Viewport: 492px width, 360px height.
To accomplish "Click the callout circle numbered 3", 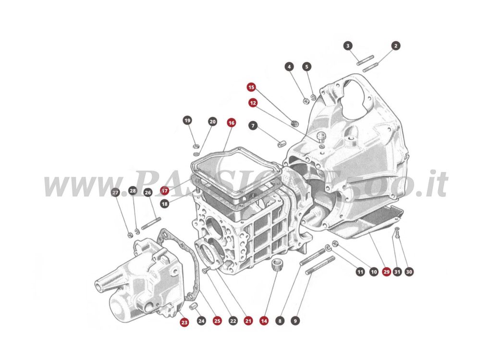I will [348, 46].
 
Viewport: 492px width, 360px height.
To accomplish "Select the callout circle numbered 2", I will [395, 46].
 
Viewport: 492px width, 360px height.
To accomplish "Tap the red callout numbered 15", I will [251, 87].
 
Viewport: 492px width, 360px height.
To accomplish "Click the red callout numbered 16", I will [232, 123].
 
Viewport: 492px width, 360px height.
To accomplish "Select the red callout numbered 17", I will [165, 191].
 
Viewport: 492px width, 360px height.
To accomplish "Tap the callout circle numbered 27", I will [115, 192].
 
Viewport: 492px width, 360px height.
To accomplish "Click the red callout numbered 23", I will [184, 323].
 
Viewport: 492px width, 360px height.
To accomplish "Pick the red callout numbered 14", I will [264, 320].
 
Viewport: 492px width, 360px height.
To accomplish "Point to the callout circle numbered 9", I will [295, 320].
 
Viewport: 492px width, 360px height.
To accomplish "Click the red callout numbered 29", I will [386, 272].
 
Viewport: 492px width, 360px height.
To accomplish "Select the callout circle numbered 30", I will [409, 272].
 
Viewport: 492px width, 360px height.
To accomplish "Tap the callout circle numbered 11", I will [360, 272].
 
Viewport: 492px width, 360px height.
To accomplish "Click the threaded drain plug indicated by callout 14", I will [276, 264].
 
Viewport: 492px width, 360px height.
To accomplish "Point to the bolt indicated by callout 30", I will [397, 234].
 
